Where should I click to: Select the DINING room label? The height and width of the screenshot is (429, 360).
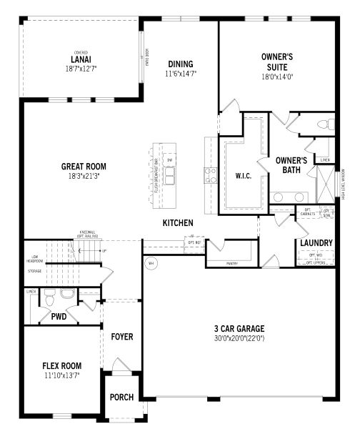(181, 63)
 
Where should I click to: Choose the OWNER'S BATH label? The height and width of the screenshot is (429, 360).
(291, 165)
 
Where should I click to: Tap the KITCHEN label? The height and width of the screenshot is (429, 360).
(178, 223)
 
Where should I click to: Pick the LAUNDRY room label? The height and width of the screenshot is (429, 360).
(316, 243)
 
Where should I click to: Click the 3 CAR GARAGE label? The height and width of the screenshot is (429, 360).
(239, 330)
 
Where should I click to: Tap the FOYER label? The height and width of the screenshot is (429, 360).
(122, 336)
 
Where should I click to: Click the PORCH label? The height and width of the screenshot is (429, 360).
(121, 397)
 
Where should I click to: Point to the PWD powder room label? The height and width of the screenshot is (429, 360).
(59, 316)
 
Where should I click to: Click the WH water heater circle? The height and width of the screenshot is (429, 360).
(151, 263)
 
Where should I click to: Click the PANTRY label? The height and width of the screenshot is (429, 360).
(231, 264)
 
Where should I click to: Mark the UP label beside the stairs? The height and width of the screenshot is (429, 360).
(104, 252)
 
